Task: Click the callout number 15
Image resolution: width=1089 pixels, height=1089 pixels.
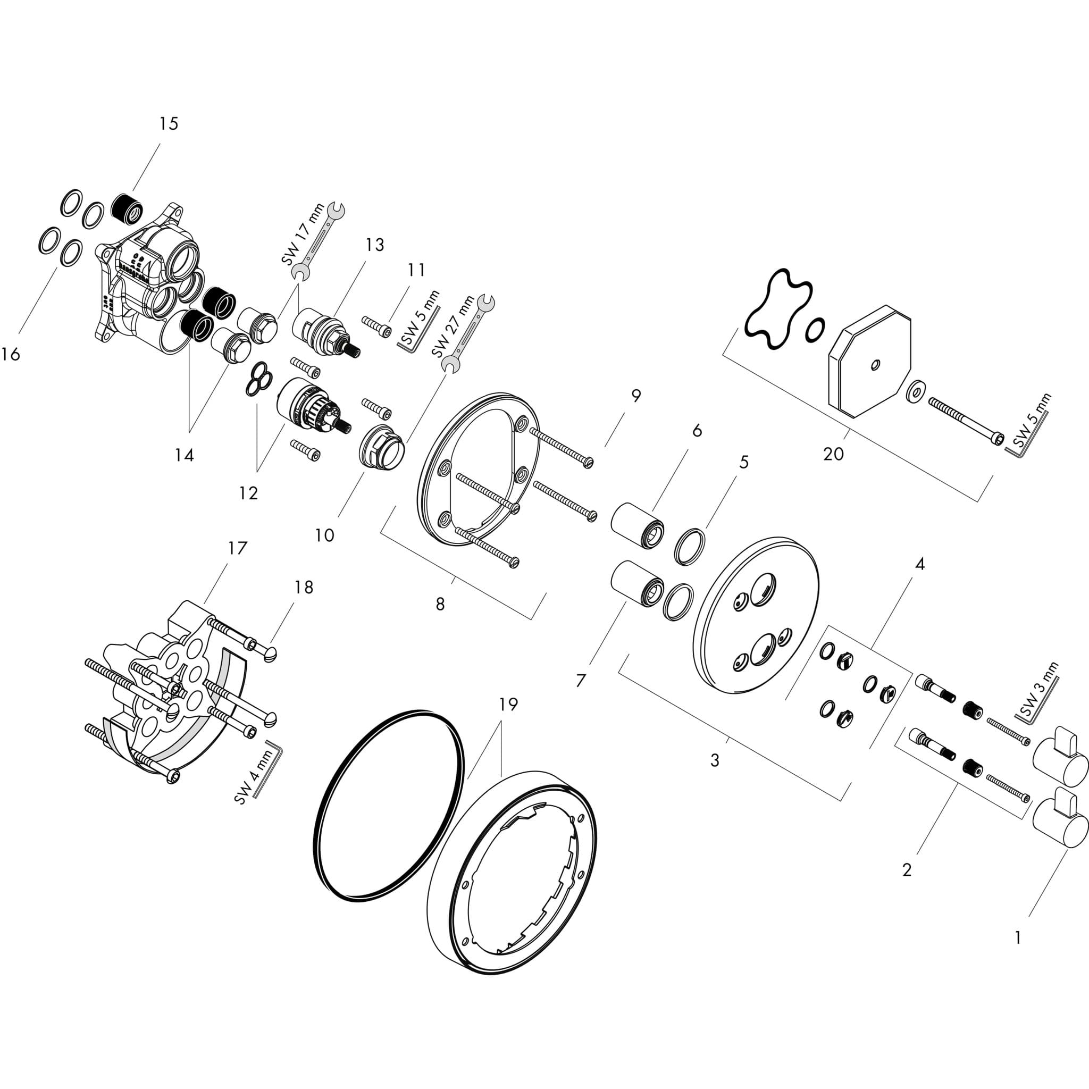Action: (x=169, y=123)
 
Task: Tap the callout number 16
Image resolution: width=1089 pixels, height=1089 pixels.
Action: (x=10, y=355)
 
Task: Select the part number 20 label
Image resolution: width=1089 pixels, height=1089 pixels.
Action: (x=834, y=454)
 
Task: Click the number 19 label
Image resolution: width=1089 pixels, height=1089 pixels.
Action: (x=508, y=704)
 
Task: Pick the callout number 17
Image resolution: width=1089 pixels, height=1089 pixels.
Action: (x=237, y=548)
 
